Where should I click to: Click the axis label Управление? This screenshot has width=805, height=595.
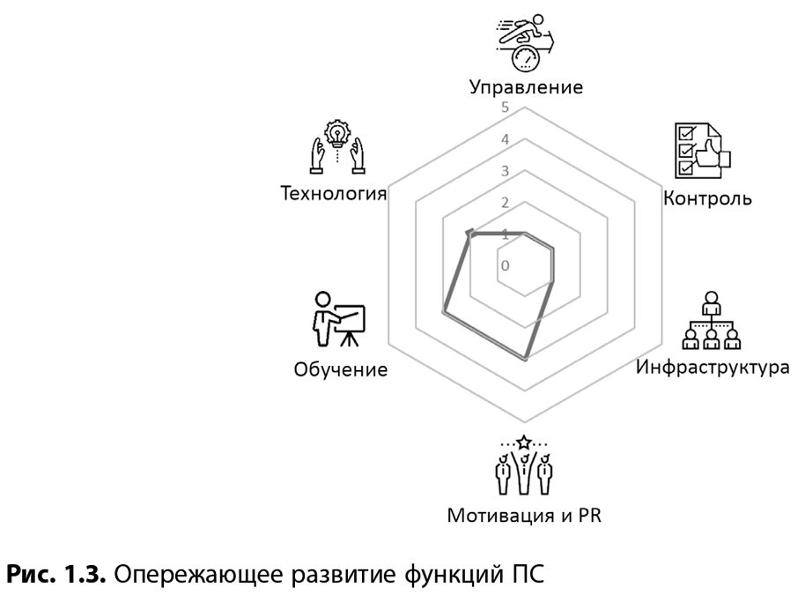(x=526, y=87)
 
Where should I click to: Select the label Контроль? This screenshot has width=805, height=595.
(x=707, y=197)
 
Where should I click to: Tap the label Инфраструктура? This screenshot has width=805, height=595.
(x=713, y=367)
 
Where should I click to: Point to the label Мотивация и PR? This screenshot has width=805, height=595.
(x=524, y=515)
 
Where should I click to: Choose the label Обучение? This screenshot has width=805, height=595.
(x=340, y=369)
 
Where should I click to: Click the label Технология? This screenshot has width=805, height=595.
(x=333, y=193)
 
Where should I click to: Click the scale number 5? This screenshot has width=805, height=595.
(x=506, y=108)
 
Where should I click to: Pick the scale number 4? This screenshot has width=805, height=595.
(x=506, y=139)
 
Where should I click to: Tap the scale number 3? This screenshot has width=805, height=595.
(x=506, y=171)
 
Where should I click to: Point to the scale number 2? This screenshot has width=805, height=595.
(x=506, y=203)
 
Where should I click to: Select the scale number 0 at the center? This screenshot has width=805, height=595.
(x=506, y=265)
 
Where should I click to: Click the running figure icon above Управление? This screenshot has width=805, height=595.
(x=526, y=42)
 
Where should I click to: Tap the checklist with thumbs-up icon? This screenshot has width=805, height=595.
(x=702, y=151)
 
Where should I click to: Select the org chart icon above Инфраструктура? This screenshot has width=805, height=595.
(x=712, y=321)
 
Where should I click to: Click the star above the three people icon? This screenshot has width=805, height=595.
(x=524, y=442)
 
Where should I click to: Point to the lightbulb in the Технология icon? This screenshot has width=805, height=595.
(x=337, y=134)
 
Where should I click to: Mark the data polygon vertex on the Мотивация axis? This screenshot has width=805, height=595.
(x=525, y=359)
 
